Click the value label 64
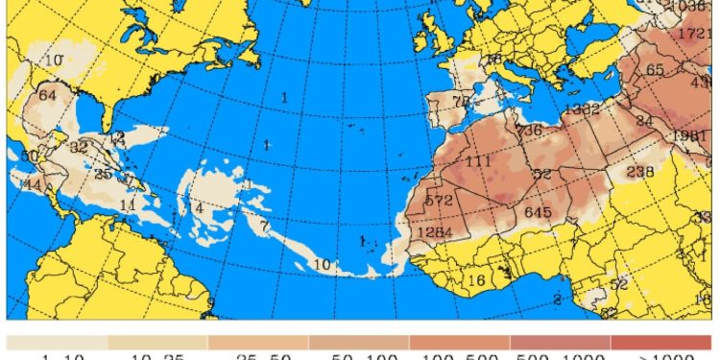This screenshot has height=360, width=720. (48, 95)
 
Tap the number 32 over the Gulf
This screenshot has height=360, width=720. (79, 147)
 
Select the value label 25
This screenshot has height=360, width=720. (103, 174)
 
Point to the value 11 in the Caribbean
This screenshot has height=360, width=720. (128, 204)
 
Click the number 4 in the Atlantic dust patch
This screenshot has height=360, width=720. (199, 208)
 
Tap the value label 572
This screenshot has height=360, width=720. (439, 201)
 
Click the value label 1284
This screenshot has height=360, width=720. (434, 233)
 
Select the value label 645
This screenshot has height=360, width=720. (538, 211)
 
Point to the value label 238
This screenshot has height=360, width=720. (639, 172)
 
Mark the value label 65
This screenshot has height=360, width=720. (655, 69)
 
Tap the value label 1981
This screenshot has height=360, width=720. (689, 135)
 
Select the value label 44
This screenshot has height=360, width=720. (33, 184)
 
